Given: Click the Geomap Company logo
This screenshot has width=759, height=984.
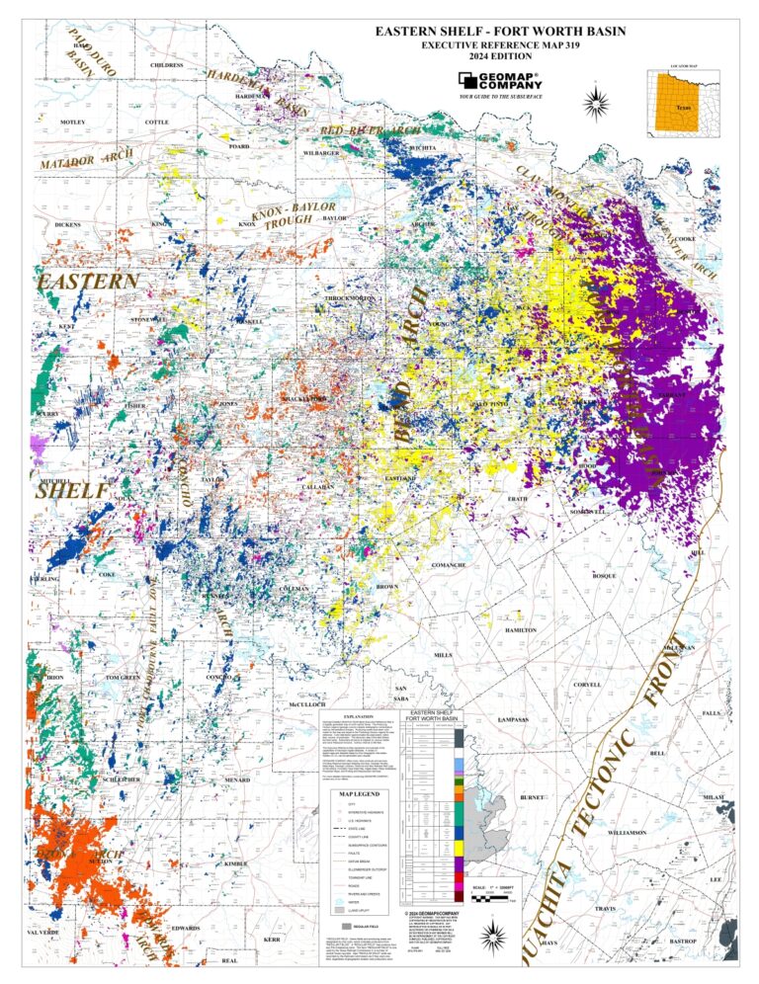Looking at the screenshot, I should pyautogui.click(x=499, y=80).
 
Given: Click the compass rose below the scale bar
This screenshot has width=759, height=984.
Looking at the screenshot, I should pyautogui.click(x=497, y=935).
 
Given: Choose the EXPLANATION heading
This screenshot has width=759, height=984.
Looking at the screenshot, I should pyautogui.click(x=358, y=716).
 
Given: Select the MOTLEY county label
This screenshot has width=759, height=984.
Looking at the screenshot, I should pyautogui.click(x=73, y=122).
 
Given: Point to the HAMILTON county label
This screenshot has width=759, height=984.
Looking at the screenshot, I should pyautogui.click(x=520, y=629).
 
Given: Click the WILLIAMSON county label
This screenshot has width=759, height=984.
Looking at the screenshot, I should pyautogui.click(x=628, y=833).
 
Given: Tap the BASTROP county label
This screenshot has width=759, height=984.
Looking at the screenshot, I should pyautogui.click(x=683, y=943).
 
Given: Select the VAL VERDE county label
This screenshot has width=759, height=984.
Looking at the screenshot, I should pyautogui.click(x=44, y=932).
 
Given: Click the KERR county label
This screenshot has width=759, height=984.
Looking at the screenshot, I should pyautogui.click(x=273, y=940).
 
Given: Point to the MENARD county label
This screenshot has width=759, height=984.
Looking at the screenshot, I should pyautogui.click(x=237, y=779).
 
